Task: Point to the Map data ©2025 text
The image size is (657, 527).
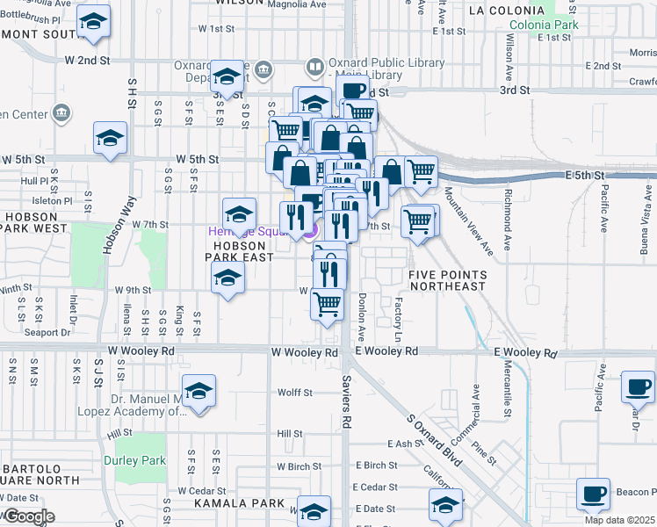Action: [619, 520]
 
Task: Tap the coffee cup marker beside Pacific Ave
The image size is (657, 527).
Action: [638, 387]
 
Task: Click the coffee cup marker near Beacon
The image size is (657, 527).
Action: [594, 495]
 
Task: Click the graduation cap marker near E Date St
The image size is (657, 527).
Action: [445, 505]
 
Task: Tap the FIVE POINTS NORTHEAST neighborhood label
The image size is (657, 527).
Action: [447, 280]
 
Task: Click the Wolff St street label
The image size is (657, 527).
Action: [295, 393]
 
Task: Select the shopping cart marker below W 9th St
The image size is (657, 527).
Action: [328, 306]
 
